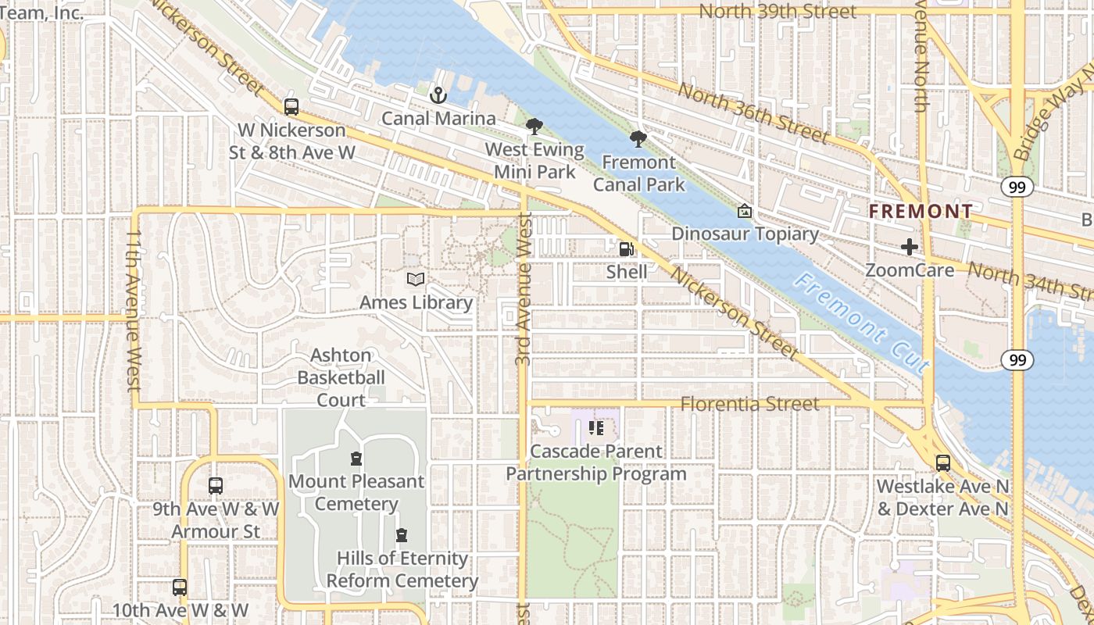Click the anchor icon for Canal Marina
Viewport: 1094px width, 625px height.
point(438,95)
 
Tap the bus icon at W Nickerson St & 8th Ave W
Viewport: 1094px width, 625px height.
point(291,107)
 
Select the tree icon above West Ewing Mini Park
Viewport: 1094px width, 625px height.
point(534,127)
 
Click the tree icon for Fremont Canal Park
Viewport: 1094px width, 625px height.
point(638,139)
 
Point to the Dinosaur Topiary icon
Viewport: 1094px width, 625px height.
point(745,211)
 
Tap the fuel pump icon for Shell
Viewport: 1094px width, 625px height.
point(626,248)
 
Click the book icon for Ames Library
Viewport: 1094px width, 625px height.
point(416,279)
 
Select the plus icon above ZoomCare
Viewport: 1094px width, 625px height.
point(910,248)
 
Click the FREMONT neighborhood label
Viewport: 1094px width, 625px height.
point(921,211)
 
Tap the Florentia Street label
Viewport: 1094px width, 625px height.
point(749,404)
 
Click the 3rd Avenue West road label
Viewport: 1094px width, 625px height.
point(524,289)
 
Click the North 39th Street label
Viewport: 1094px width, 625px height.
point(777,12)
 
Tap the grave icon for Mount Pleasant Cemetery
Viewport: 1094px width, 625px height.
point(356,458)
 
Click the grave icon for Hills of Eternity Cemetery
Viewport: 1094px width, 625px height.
point(402,535)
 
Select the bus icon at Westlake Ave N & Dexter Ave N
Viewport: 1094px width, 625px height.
point(943,462)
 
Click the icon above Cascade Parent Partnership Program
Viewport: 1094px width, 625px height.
point(596,428)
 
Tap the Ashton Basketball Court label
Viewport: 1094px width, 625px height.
point(341,377)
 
